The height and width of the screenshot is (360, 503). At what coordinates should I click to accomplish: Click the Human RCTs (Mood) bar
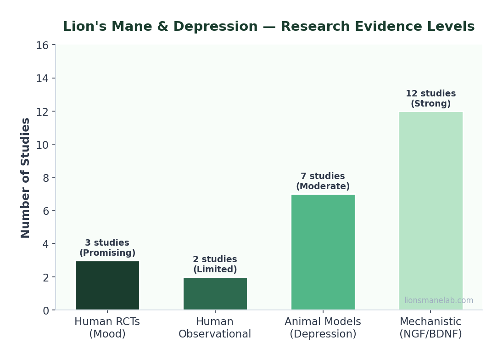[107, 286]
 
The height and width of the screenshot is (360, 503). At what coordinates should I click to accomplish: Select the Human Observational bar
[215, 294]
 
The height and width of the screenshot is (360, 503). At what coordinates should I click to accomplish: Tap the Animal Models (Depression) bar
[323, 252]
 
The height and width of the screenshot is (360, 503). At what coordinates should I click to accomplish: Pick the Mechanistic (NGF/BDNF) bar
[430, 211]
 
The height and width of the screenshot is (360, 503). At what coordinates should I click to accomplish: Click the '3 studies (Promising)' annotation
[107, 248]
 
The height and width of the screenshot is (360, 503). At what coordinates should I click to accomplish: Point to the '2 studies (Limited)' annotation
[215, 264]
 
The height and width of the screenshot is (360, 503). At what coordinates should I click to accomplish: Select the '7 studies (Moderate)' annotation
[323, 181]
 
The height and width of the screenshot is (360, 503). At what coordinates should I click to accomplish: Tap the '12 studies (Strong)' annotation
[430, 99]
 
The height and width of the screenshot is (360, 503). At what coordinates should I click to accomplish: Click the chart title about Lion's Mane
[268, 27]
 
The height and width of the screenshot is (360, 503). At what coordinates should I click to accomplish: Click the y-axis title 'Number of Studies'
[26, 178]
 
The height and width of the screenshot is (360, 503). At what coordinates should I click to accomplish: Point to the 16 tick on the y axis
[42, 45]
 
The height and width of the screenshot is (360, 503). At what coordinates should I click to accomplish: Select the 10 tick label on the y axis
[42, 145]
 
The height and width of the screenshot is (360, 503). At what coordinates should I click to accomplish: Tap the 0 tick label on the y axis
[45, 310]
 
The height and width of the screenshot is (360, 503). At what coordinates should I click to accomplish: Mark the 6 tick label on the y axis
[45, 211]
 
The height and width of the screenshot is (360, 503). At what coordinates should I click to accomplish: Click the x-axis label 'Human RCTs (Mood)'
[107, 328]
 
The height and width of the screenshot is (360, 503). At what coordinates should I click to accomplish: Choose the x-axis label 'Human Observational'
[215, 328]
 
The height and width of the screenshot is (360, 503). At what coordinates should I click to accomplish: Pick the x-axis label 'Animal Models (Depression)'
[323, 328]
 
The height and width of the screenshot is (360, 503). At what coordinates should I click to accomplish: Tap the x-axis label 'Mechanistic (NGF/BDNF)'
[430, 328]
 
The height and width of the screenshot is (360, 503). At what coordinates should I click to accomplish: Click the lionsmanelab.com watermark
[438, 301]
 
